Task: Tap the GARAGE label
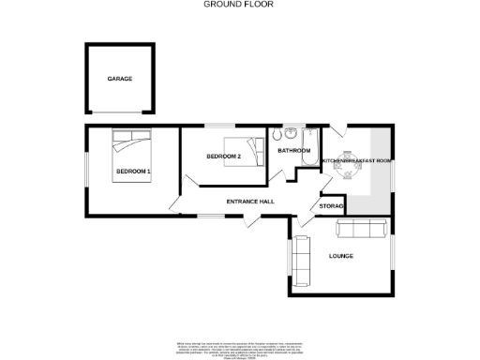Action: pos(119,79)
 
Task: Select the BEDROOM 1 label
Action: pos(133,172)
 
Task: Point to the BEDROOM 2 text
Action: pos(224,155)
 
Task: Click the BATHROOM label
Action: pos(293,150)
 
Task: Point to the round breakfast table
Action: pos(349,161)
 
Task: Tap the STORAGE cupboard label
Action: pos(332,205)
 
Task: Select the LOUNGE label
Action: pos(340,255)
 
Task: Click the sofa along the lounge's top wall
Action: pos(362,228)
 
